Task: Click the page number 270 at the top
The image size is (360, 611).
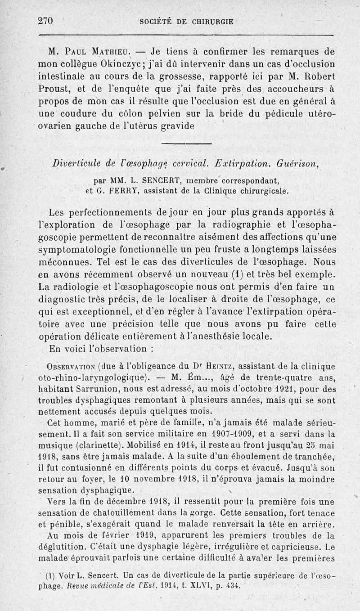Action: click(x=46, y=21)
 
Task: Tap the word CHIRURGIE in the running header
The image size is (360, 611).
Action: click(x=211, y=21)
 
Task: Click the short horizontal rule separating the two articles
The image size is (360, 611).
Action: click(x=186, y=144)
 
